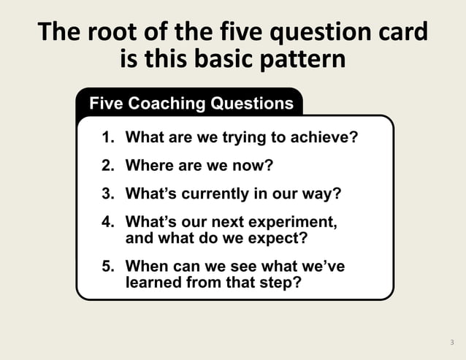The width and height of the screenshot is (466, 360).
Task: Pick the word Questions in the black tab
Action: click(x=251, y=104)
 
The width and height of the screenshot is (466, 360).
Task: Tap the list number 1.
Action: click(x=107, y=137)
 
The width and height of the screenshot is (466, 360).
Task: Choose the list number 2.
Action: click(x=107, y=165)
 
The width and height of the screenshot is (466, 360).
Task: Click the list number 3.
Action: click(x=107, y=194)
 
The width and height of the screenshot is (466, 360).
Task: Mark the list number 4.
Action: click(x=107, y=221)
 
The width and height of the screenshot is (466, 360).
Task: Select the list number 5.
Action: click(x=107, y=267)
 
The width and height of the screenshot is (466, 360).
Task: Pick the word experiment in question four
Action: click(x=296, y=221)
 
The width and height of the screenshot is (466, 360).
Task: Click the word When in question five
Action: click(x=146, y=267)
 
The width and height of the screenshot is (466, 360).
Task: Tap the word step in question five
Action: click(x=283, y=283)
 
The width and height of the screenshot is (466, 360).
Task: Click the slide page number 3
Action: click(x=451, y=342)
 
